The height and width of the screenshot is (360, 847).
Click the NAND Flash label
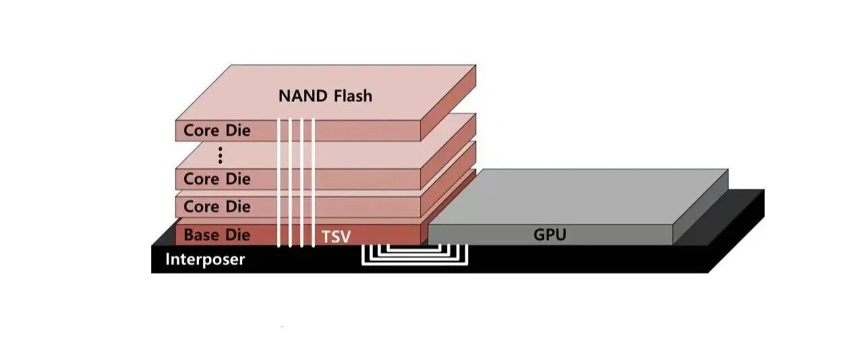coord(325,96)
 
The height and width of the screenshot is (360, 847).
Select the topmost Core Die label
coord(216,130)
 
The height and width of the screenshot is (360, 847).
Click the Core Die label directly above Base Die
coord(216,206)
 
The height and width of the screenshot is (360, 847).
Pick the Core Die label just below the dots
coord(216,179)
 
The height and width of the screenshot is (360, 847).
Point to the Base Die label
coord(216,235)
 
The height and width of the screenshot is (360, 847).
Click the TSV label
coord(336,236)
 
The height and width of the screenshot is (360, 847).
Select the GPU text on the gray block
coord(550,235)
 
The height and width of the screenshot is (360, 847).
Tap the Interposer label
coord(205,259)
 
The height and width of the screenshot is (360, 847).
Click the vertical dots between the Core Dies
coord(221,156)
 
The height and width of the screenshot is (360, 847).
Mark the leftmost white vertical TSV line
coord(279,182)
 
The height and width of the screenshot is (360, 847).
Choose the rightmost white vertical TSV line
coord(314,182)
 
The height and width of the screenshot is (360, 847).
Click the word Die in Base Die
coord(237,235)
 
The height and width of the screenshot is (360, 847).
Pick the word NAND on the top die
coord(301,96)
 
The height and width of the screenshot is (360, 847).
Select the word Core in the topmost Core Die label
coord(201,130)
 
